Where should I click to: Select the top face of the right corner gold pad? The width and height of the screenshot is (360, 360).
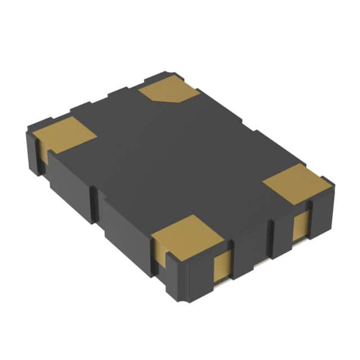point(296,181)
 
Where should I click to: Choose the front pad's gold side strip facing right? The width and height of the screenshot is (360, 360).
point(222,267)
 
